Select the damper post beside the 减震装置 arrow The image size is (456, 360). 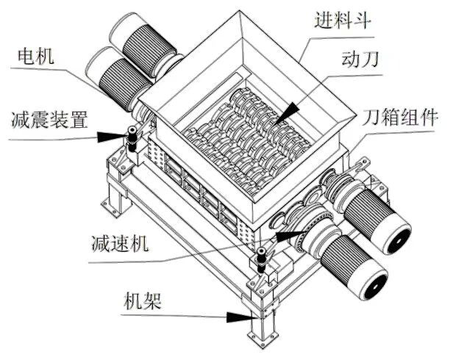[x=133, y=139]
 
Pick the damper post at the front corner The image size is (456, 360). [x=261, y=261]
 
